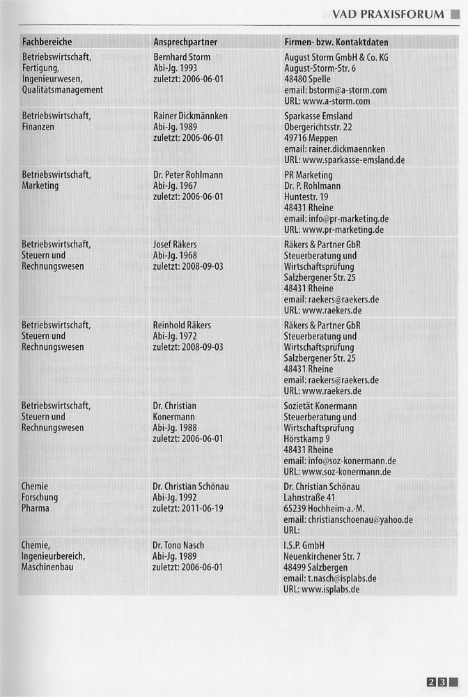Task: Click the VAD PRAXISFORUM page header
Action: coord(388,15)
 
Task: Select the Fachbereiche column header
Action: coord(47,43)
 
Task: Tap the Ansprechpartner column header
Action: coord(185,43)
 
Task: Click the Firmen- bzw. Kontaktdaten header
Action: coord(336,43)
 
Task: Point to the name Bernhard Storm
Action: coord(181,57)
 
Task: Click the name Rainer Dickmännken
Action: coord(190,116)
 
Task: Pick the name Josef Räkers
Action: coord(175,245)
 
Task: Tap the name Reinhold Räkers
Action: coord(182,325)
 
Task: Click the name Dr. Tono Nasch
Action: coord(178,545)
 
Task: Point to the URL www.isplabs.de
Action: coord(331,590)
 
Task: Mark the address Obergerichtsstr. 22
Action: coord(318,127)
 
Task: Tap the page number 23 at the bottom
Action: coord(437,682)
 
